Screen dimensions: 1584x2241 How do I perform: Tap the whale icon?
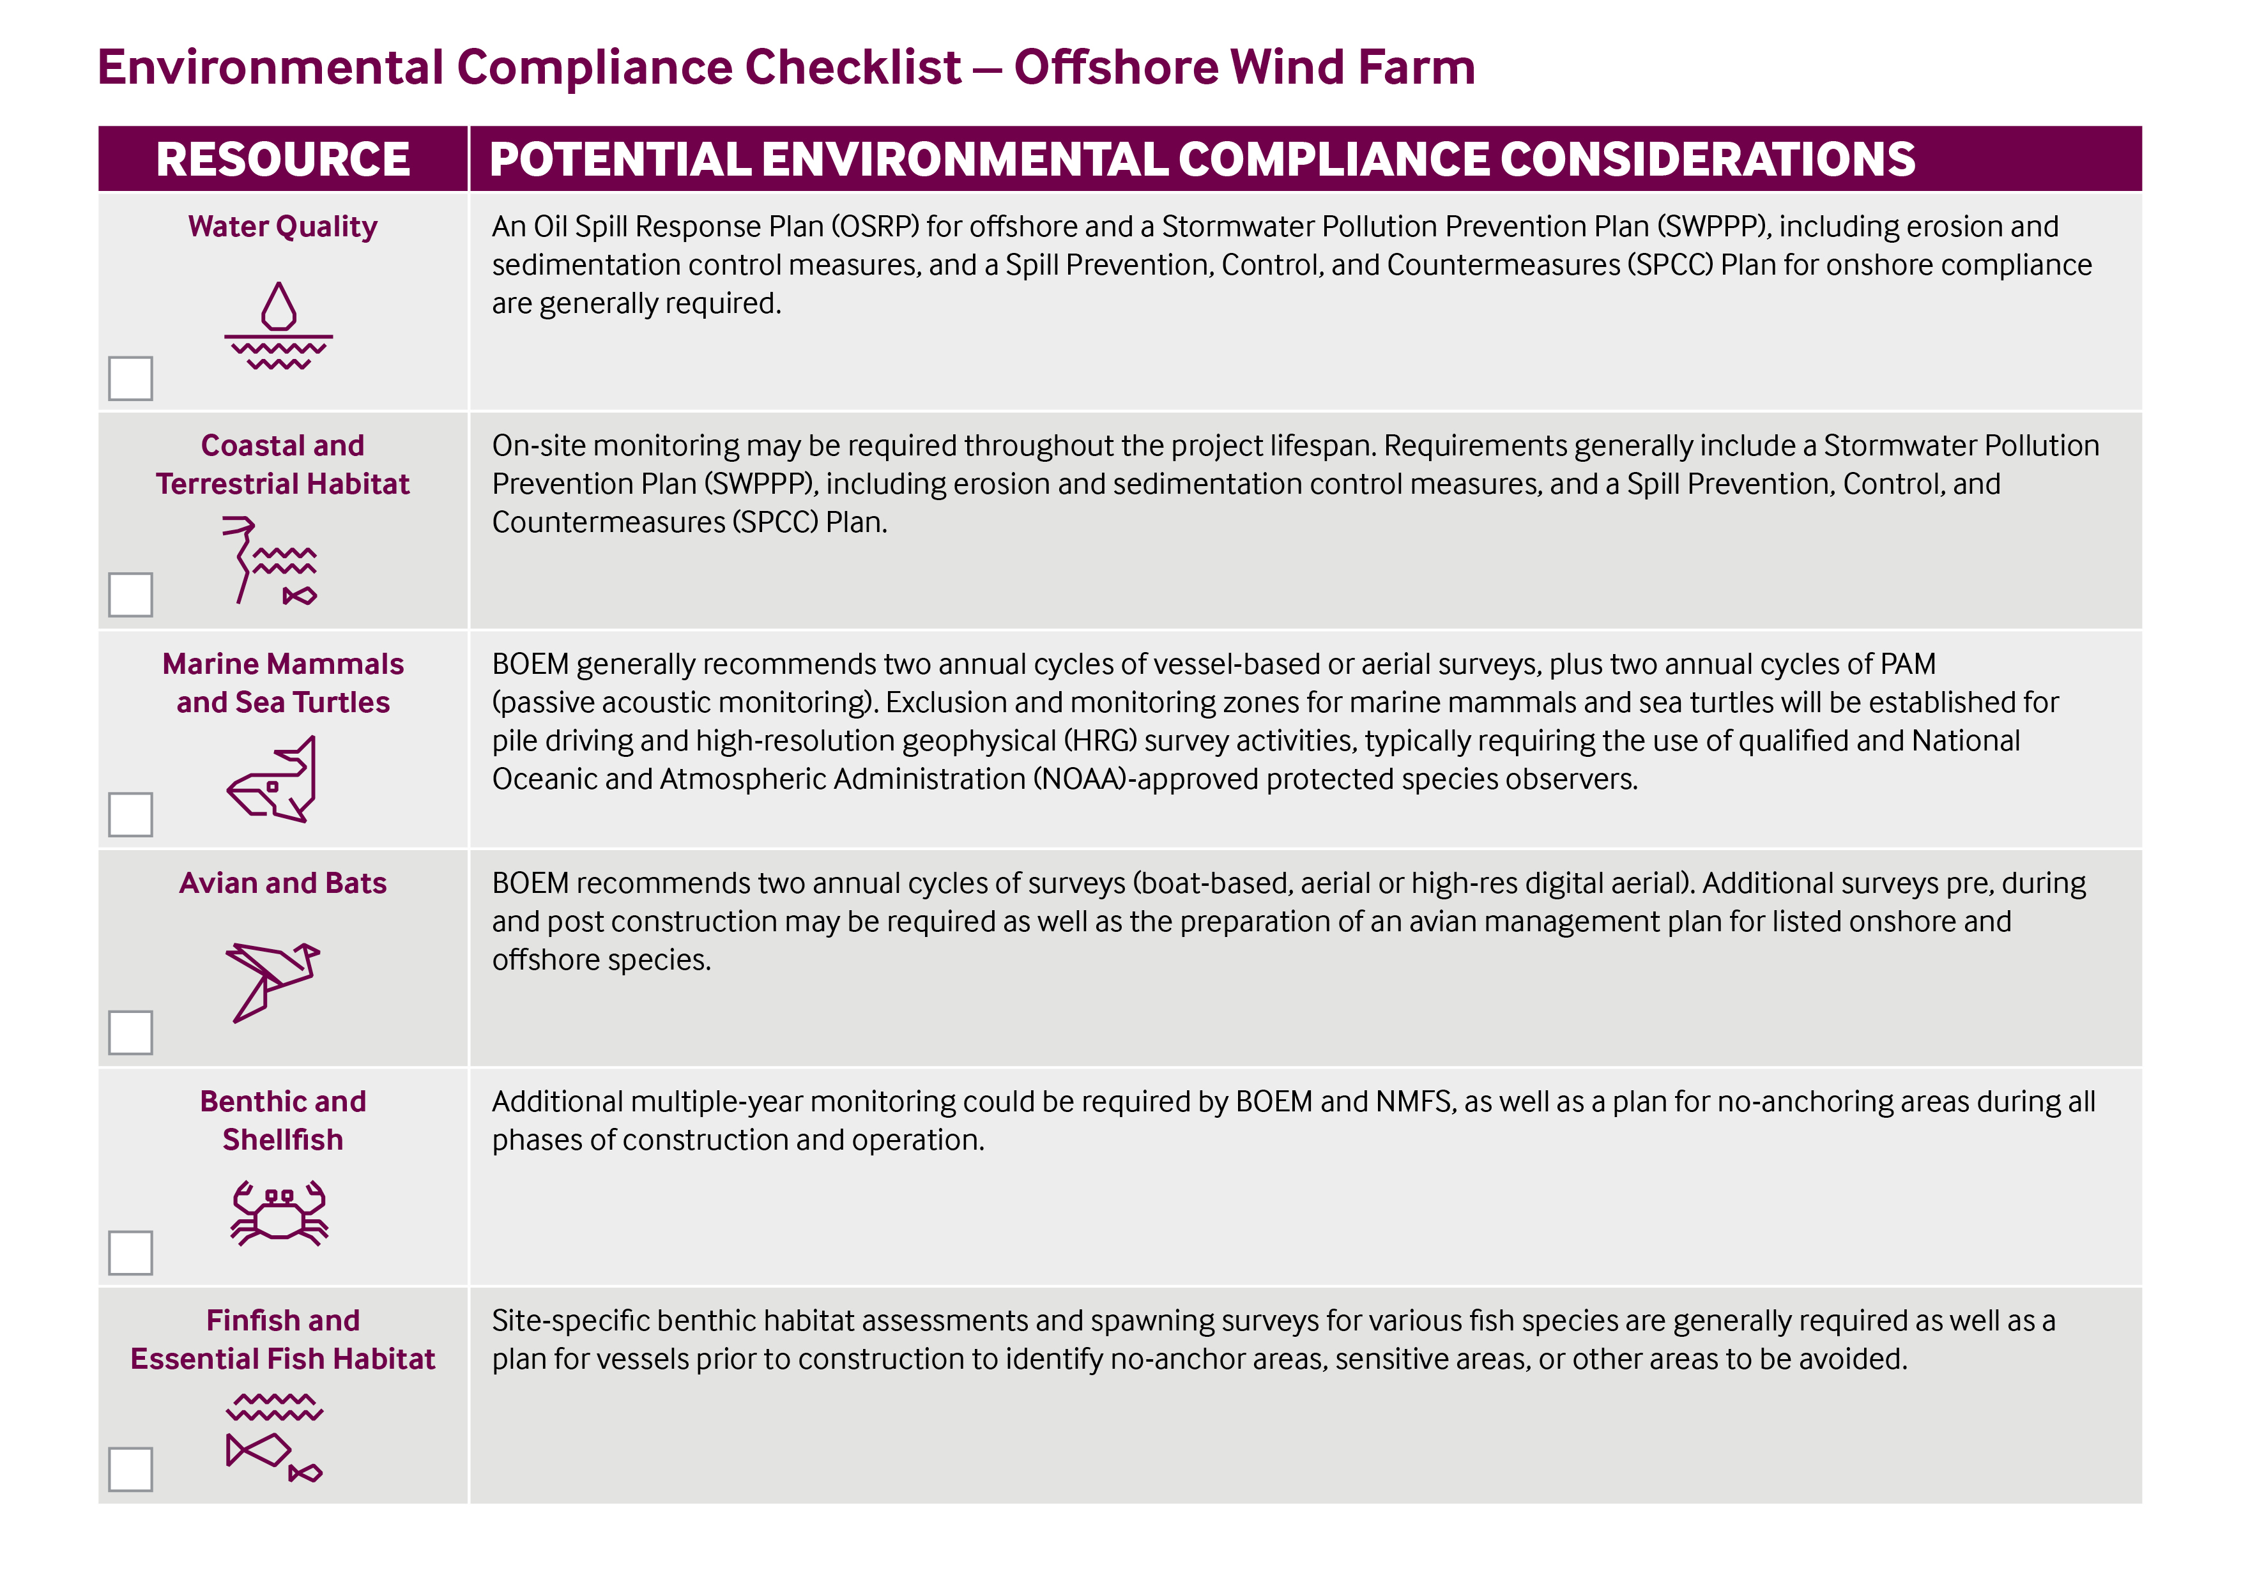273,779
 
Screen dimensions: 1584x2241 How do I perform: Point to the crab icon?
279,1213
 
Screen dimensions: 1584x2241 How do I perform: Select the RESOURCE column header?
283,159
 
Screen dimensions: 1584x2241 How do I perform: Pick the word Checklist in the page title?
852,67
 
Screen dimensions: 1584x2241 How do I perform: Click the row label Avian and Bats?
283,883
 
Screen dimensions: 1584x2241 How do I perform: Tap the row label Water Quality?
283,227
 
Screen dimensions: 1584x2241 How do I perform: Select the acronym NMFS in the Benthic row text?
1415,1102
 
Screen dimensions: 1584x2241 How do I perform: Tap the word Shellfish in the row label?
283,1140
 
